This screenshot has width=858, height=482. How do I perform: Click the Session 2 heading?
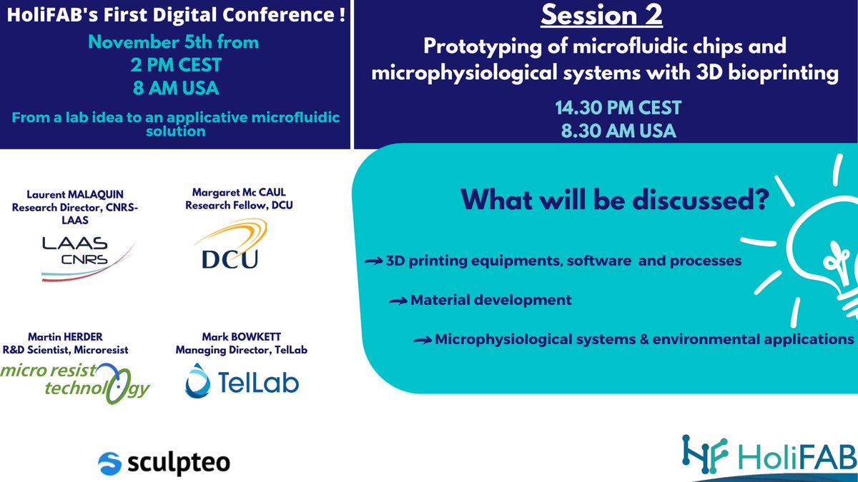604,16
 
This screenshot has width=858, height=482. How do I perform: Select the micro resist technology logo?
75,381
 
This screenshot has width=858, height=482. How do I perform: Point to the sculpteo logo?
164,462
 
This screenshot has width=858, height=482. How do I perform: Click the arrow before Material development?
398,301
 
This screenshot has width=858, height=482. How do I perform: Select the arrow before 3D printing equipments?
373,261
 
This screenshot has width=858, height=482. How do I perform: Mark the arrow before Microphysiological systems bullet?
423,340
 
